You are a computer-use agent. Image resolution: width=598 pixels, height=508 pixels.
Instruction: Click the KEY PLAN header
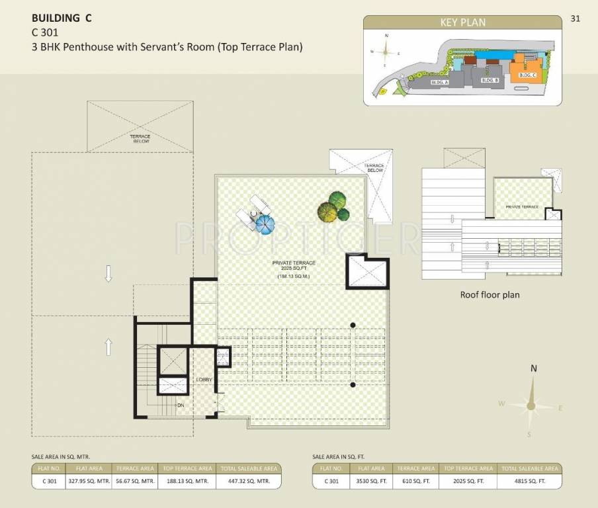point(463,22)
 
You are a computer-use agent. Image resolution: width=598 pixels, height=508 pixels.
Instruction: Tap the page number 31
point(575,19)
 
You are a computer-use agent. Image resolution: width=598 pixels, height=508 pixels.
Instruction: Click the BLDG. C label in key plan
point(527,76)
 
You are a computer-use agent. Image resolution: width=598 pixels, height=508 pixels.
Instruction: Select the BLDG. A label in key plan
point(439,82)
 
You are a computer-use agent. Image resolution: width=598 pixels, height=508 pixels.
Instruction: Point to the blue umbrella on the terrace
point(264,225)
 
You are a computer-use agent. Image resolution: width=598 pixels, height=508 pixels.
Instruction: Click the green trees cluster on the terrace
point(333,206)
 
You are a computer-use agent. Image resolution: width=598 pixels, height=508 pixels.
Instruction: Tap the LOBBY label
point(204,379)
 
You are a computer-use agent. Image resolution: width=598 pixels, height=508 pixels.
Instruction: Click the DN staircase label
point(179,404)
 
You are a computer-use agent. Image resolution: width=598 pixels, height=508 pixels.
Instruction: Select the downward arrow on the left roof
point(108,274)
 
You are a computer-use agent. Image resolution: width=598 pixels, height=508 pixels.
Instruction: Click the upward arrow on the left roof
point(108,347)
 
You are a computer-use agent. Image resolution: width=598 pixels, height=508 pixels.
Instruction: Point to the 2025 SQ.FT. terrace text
point(294,269)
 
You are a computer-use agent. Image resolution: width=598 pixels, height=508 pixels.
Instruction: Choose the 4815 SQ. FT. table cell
point(529,482)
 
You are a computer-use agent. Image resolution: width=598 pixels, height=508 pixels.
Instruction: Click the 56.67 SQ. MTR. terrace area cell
point(135,482)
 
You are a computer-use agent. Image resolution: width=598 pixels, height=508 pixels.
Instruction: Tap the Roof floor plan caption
point(490,295)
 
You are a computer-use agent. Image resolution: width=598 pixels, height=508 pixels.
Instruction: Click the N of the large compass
point(533,369)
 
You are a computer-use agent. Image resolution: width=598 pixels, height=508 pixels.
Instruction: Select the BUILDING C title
point(62,19)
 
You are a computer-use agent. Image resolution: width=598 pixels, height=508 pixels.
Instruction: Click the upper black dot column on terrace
point(353,325)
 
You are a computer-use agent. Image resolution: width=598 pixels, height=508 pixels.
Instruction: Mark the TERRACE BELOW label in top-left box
point(140,139)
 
